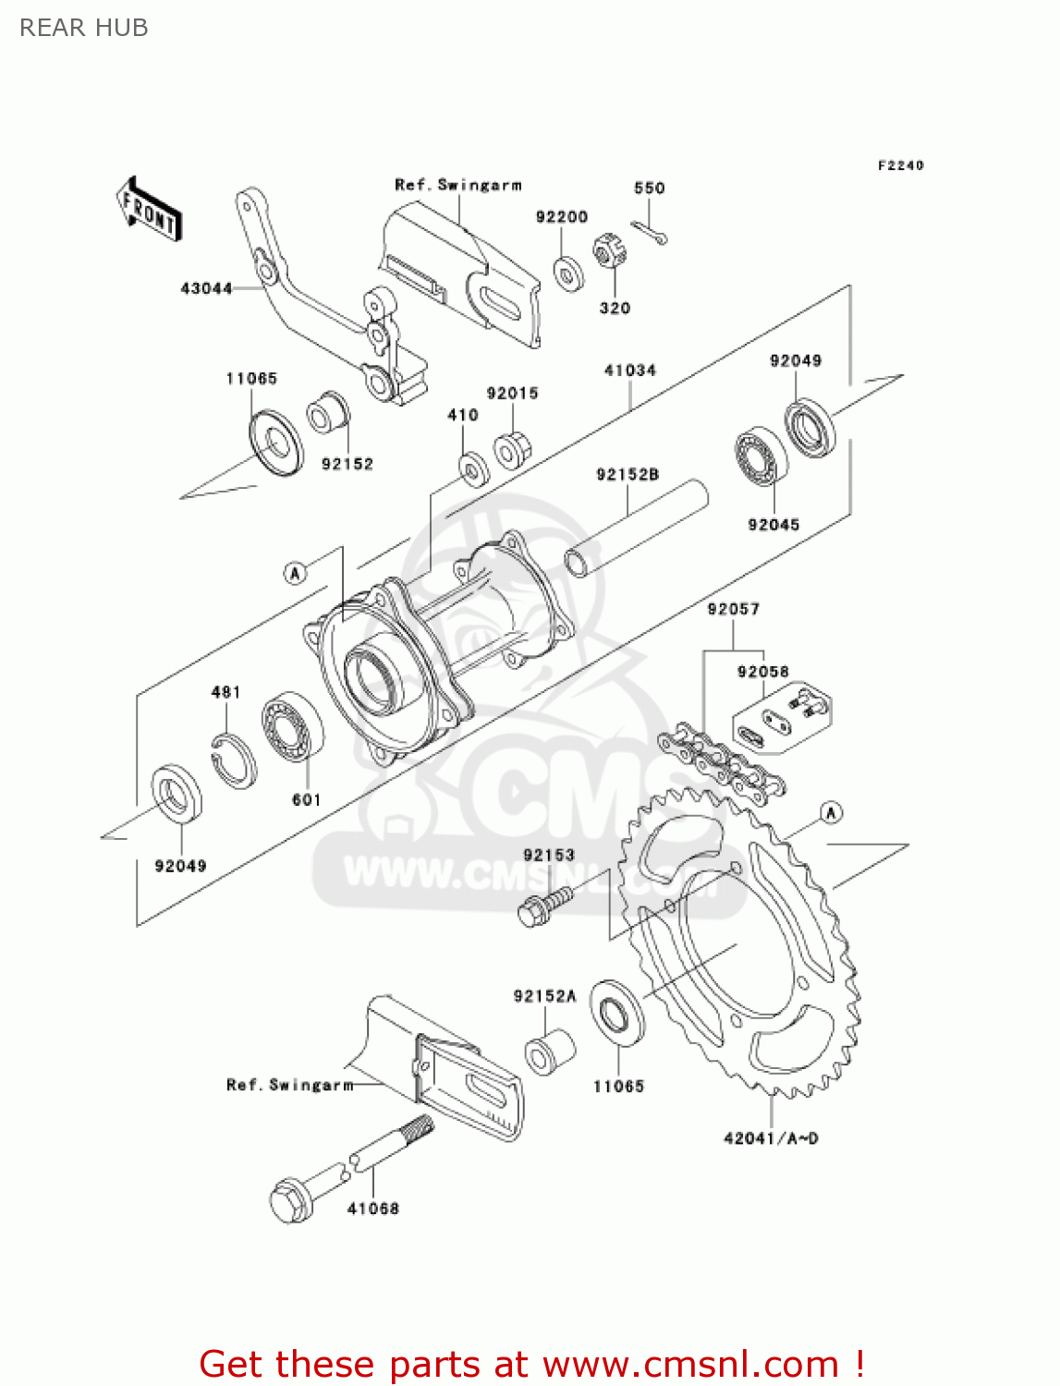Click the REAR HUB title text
84,28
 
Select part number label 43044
206,288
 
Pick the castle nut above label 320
607,251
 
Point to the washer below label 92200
567,274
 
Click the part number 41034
630,371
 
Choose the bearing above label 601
293,726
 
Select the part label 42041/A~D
771,1138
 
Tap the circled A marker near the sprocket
832,813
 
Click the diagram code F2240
900,165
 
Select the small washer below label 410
474,468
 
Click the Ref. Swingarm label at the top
458,185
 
